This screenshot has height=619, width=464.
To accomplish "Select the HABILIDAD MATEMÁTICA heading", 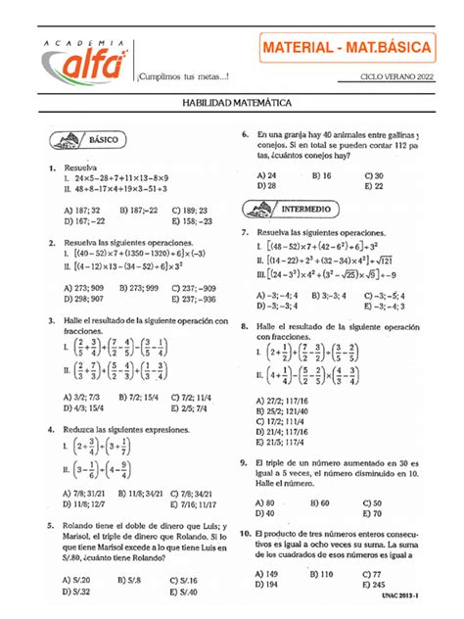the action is (231, 102).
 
